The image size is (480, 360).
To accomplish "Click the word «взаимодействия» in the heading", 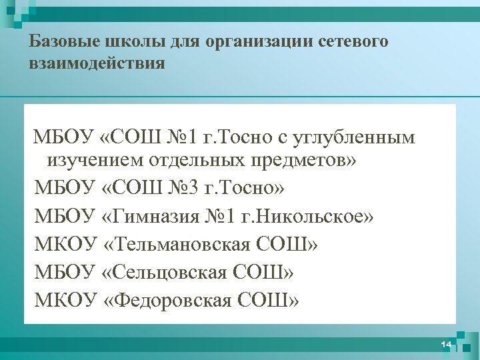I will coord(97,63).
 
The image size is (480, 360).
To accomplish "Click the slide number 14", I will coord(446,344).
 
